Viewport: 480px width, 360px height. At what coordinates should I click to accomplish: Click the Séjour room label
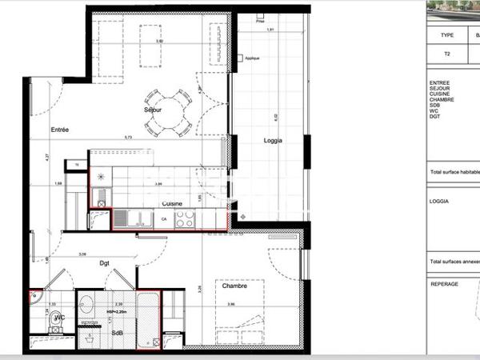tap(153, 109)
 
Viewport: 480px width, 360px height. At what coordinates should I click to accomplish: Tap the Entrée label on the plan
tap(60, 129)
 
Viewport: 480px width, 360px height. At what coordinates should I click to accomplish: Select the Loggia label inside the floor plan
tap(274, 141)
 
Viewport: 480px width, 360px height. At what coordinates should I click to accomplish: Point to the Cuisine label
tap(172, 203)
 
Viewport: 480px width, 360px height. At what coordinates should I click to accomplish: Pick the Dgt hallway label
tap(104, 262)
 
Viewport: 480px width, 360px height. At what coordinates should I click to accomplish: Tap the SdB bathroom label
tap(117, 332)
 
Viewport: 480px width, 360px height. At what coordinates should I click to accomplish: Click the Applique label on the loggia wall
tap(253, 58)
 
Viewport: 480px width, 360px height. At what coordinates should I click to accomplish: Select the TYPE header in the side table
tap(446, 35)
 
